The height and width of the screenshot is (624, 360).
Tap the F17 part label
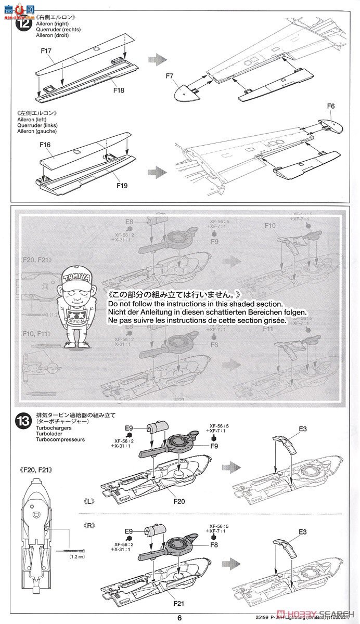(x=45, y=51)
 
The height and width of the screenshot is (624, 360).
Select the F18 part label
(x=119, y=90)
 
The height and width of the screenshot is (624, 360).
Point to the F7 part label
(x=170, y=76)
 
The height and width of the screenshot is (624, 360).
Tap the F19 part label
(x=121, y=185)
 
